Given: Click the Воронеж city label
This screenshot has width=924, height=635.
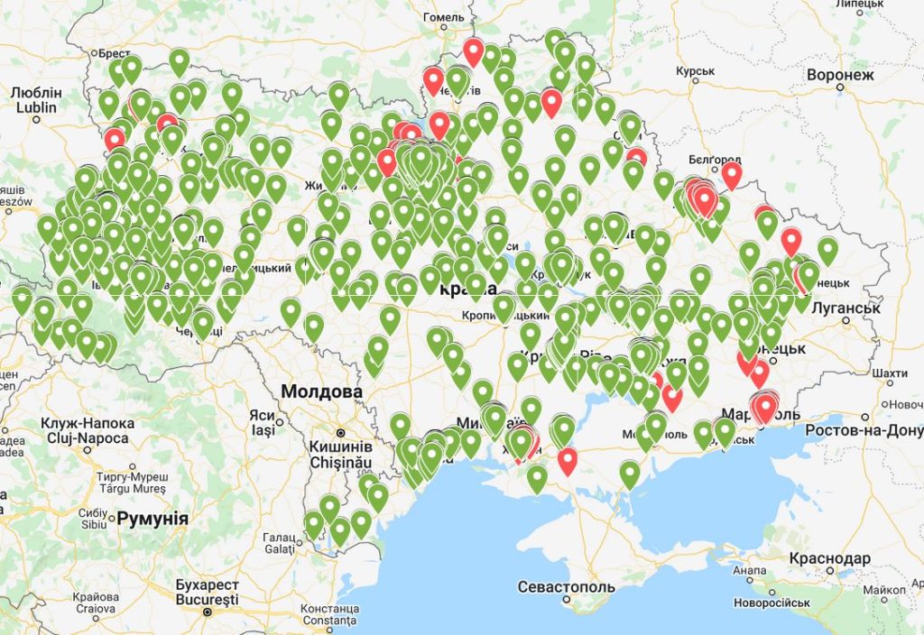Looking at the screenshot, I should [x=841, y=75].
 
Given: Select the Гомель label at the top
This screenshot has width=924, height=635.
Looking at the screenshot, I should [x=443, y=17].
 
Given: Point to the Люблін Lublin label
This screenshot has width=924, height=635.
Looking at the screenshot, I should [x=37, y=100].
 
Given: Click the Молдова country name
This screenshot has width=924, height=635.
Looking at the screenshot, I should [x=321, y=391].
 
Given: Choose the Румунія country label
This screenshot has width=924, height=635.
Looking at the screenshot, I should [x=152, y=518].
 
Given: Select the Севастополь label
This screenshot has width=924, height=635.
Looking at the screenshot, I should [x=566, y=587].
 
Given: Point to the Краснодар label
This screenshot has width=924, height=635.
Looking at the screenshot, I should [x=829, y=557].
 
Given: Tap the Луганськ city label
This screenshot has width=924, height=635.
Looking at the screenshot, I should [x=845, y=308].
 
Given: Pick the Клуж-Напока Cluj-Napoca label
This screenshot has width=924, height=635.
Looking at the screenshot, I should [x=88, y=429].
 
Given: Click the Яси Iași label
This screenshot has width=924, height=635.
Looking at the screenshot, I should [x=262, y=423].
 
